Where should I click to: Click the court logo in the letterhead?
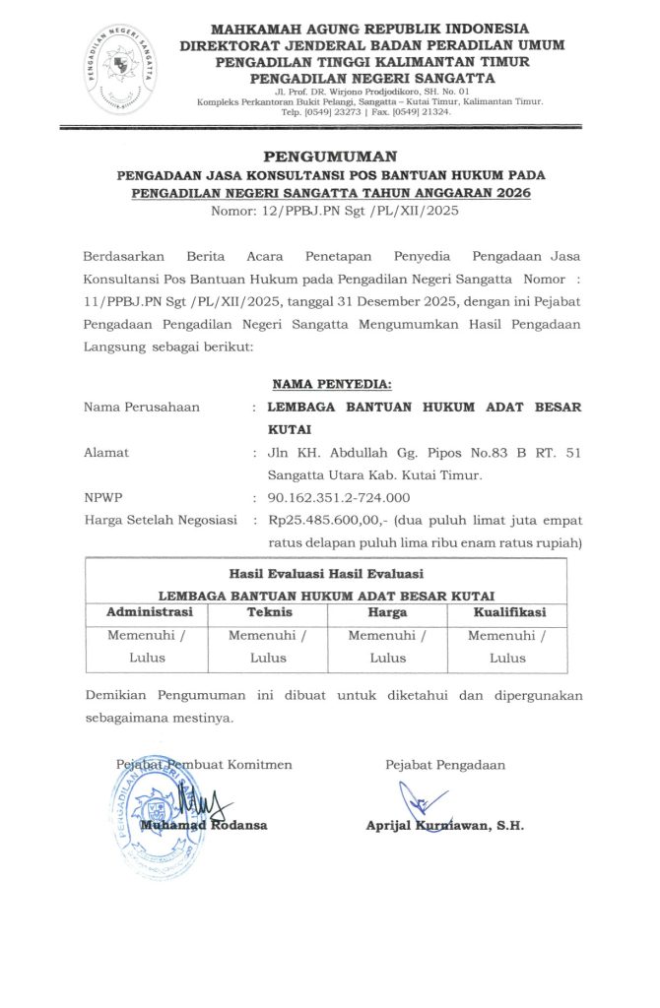coord(123,69)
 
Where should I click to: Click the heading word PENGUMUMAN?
coord(330,157)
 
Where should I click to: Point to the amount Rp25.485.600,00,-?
coord(321,520)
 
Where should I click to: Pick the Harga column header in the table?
coord(387,613)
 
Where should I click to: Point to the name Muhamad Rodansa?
coord(203,825)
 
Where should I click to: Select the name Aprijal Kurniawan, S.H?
coord(444,825)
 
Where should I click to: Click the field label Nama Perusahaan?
coord(141,407)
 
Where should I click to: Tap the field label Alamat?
coord(106,453)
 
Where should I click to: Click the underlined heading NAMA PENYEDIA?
coord(331,383)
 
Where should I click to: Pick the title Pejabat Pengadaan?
coord(444,764)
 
